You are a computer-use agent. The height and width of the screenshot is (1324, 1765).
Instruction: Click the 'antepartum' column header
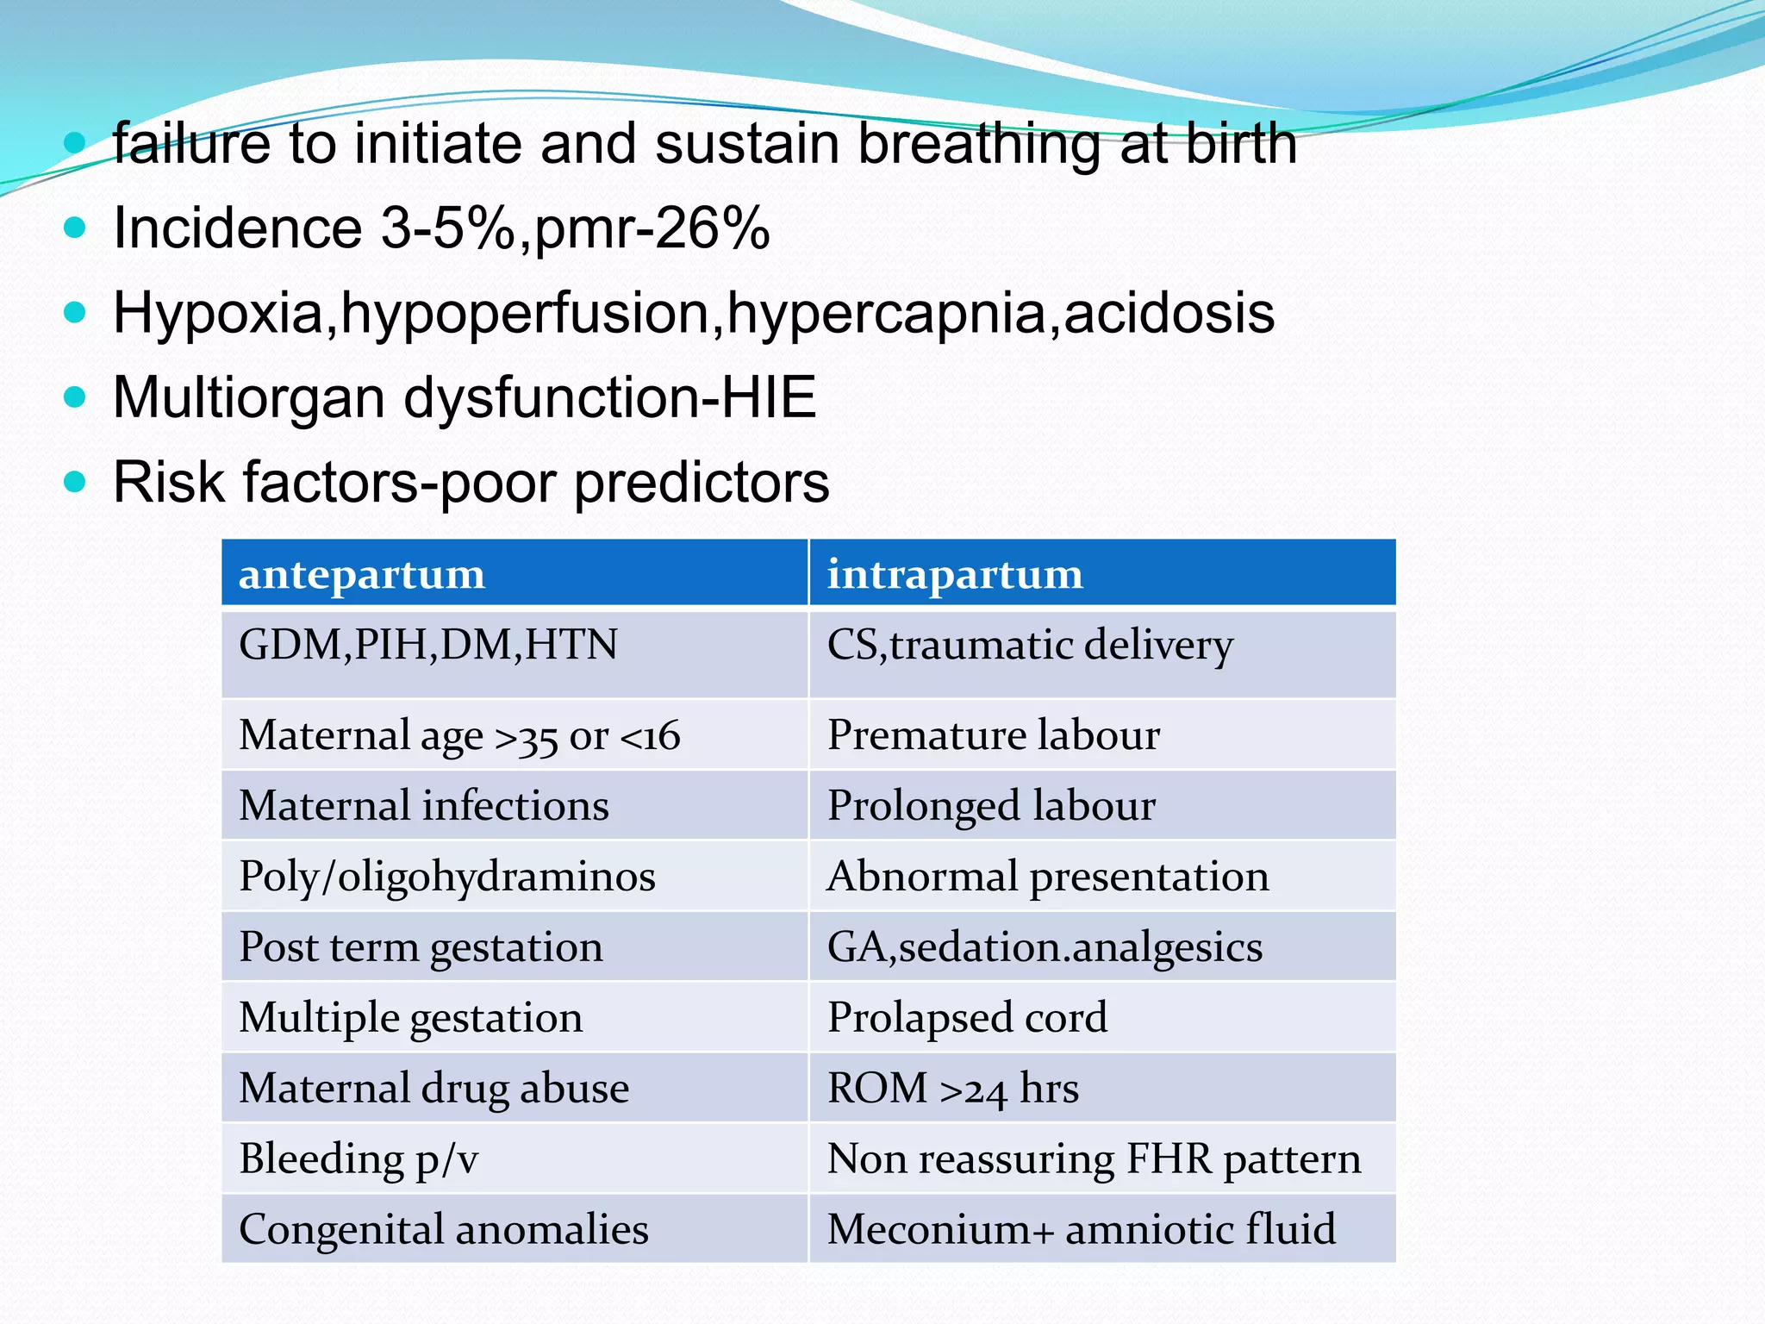point(362,574)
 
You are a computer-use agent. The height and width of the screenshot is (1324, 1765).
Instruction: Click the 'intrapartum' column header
point(955,574)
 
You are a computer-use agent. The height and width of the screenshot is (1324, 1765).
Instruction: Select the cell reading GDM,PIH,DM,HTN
point(428,645)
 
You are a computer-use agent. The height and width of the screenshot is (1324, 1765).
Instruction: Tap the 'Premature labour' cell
point(994,735)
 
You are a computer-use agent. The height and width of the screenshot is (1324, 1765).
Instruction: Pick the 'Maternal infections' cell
point(424,806)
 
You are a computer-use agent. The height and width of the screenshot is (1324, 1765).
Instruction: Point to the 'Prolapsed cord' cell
point(967,1017)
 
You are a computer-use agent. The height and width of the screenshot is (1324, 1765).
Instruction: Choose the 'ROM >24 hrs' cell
point(953,1088)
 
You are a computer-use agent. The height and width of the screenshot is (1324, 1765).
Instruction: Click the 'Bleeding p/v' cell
point(359,1158)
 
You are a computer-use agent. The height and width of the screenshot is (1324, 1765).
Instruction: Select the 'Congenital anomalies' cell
point(444,1229)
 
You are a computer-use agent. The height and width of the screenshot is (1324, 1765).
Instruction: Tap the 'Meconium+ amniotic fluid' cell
point(1082,1229)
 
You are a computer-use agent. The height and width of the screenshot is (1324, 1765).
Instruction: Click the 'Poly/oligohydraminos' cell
point(447,877)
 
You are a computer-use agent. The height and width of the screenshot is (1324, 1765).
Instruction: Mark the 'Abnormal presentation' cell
point(1048,877)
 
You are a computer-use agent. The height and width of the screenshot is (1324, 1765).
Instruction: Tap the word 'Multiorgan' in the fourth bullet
point(249,397)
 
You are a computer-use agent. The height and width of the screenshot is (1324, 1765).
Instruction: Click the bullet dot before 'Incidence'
point(76,228)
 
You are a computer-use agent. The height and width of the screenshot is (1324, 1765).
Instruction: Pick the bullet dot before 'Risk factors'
point(76,481)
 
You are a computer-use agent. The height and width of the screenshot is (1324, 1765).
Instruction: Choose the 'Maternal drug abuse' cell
point(434,1088)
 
